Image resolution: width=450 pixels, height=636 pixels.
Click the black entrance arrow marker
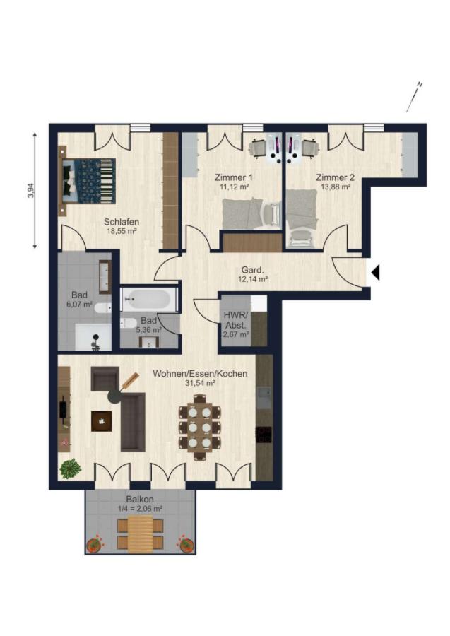coord(376,272)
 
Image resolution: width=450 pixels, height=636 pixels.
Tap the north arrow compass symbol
coord(415,97)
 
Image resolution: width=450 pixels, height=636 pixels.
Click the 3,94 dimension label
coord(31,190)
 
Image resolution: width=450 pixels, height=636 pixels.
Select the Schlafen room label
coord(122,222)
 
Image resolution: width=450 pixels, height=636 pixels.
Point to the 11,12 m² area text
coord(234,187)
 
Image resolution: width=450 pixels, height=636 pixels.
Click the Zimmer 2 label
coord(336,177)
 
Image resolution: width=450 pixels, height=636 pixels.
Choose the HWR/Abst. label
coord(235,320)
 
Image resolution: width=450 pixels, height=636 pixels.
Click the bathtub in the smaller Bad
coord(149,300)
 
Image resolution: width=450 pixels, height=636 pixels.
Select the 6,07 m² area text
coord(79,304)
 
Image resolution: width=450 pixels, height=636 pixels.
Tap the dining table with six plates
coord(200,427)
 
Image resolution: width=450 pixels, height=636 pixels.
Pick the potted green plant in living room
coord(71,469)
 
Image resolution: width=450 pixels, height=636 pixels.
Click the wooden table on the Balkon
coord(140,534)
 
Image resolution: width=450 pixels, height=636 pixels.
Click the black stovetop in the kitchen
coord(264,435)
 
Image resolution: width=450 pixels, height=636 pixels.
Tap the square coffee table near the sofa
coord(101,421)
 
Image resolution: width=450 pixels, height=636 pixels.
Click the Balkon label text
coord(139,500)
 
